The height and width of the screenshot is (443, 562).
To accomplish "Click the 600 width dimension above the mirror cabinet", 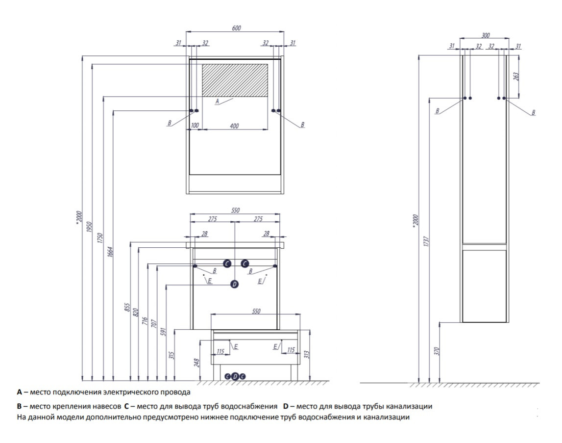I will point(236,28).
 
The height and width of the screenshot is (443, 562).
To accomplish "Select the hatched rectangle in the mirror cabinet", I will point(235,79).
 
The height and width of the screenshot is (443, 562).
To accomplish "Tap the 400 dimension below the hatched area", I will point(234,126).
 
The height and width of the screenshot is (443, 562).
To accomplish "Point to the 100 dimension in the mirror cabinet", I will point(195,126).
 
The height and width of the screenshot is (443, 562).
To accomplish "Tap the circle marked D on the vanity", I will point(234,284).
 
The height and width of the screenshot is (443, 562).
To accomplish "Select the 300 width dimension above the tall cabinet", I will point(486,35).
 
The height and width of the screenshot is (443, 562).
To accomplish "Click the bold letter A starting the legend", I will point(19,392).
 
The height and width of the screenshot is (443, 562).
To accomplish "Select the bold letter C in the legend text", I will point(126,407).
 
